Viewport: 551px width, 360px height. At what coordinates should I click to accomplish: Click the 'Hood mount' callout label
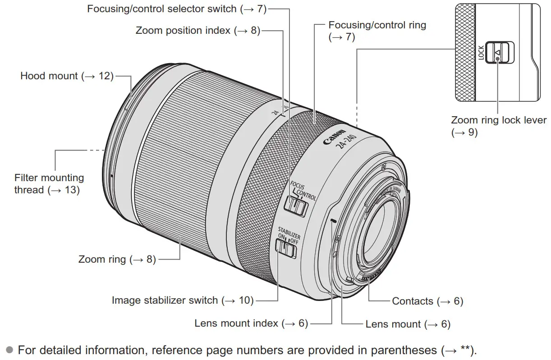pyautogui.click(x=66, y=76)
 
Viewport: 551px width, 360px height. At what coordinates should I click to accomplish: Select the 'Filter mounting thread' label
pyautogui.click(x=49, y=184)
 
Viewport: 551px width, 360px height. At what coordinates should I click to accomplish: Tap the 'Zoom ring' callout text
pyautogui.click(x=117, y=259)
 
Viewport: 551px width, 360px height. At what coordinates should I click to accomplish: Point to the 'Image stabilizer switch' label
pyautogui.click(x=183, y=300)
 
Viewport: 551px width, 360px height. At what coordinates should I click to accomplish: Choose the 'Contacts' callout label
pyautogui.click(x=427, y=301)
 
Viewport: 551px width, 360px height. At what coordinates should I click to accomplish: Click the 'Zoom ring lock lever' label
pyautogui.click(x=498, y=126)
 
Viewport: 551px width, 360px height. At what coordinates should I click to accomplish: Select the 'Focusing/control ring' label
pyautogui.click(x=377, y=31)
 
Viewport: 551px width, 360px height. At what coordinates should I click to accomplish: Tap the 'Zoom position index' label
pyautogui.click(x=197, y=31)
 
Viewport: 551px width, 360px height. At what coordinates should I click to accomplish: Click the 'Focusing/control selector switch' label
pyautogui.click(x=176, y=9)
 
